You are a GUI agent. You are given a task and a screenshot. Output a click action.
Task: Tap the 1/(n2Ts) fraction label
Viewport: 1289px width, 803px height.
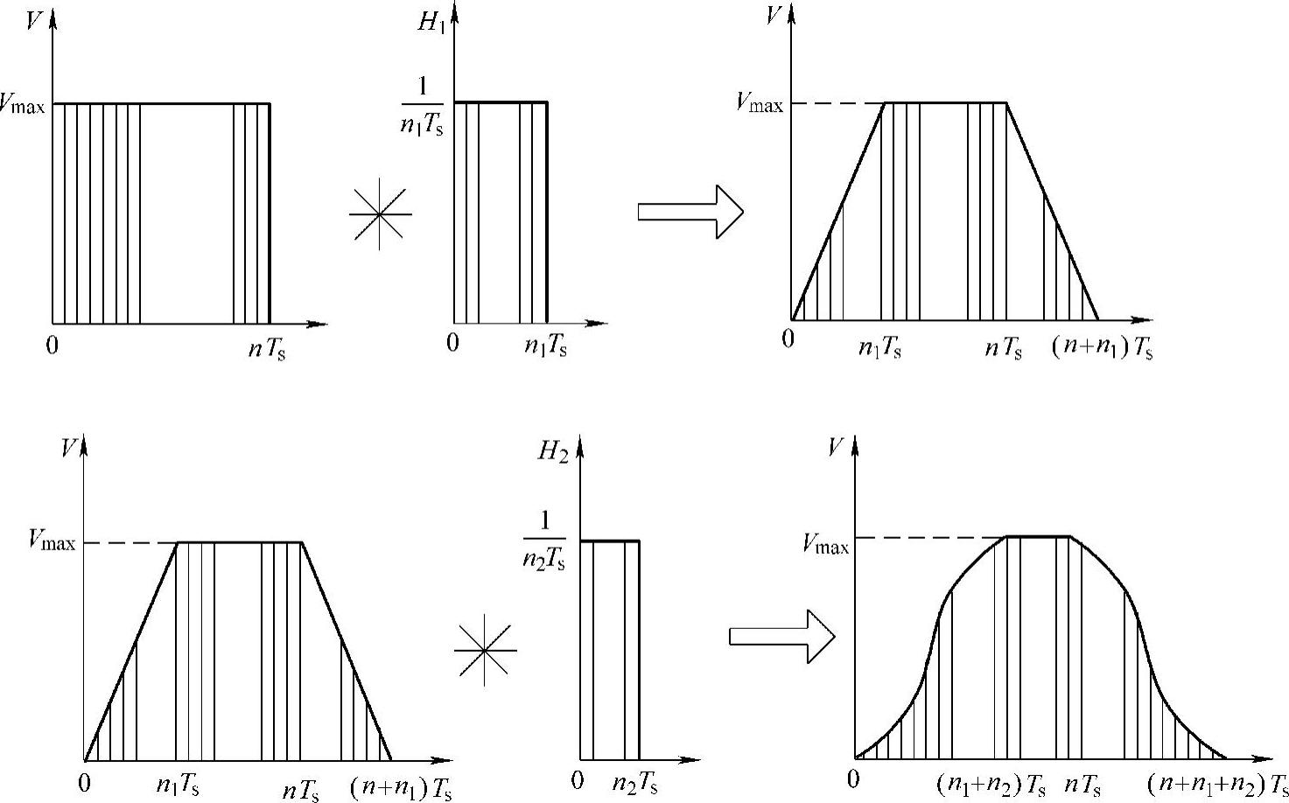pyautogui.click(x=543, y=541)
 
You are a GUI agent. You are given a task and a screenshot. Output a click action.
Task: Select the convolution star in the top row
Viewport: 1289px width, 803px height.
pyautogui.click(x=380, y=213)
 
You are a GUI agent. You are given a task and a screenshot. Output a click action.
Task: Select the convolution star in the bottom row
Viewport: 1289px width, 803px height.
pyautogui.click(x=486, y=651)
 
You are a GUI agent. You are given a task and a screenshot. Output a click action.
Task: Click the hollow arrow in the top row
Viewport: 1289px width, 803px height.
pyautogui.click(x=690, y=212)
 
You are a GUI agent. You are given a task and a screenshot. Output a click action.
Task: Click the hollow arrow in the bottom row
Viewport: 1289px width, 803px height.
pyautogui.click(x=781, y=636)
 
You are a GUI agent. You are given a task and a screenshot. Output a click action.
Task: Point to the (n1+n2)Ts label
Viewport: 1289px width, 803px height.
pyautogui.click(x=991, y=784)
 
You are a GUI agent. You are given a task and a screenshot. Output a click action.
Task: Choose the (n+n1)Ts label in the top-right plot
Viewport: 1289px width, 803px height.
pyautogui.click(x=1102, y=348)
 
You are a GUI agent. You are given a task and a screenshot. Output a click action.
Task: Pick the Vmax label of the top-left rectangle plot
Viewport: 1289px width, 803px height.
pyautogui.click(x=24, y=105)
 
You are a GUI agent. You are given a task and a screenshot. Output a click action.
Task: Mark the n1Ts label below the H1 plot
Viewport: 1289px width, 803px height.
pyautogui.click(x=545, y=346)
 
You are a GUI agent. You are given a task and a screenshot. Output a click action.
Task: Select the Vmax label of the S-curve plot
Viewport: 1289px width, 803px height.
pyautogui.click(x=825, y=545)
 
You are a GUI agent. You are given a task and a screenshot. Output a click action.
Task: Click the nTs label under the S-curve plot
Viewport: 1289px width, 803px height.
pyautogui.click(x=1082, y=784)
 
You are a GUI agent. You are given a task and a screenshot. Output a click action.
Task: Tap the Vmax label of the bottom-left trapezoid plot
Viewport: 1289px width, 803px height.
pyautogui.click(x=52, y=542)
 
